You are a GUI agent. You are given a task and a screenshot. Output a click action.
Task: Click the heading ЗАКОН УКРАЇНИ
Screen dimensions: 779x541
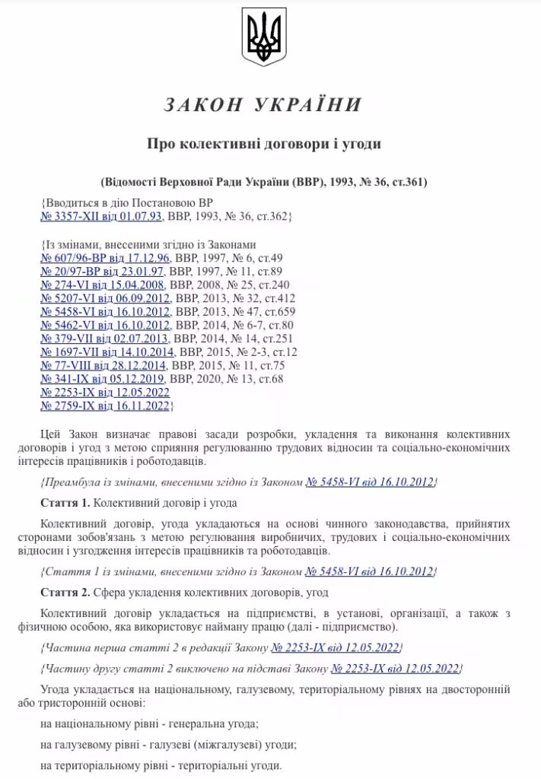[263, 104]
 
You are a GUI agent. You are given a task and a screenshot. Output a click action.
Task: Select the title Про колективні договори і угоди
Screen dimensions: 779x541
[263, 143]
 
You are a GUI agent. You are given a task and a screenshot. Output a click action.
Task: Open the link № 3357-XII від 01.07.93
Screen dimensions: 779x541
[102, 217]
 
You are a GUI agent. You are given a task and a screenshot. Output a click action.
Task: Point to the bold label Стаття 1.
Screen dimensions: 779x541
[65, 504]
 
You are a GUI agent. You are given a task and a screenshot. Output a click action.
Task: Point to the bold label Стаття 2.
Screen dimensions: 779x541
[65, 592]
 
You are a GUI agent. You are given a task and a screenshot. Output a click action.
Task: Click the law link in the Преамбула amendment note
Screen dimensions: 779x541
[369, 483]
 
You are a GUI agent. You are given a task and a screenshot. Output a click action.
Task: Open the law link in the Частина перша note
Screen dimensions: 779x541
[335, 647]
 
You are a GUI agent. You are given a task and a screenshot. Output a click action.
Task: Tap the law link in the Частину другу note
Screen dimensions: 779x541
[396, 669]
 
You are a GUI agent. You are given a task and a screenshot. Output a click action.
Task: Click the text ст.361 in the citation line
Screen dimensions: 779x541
[409, 183]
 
